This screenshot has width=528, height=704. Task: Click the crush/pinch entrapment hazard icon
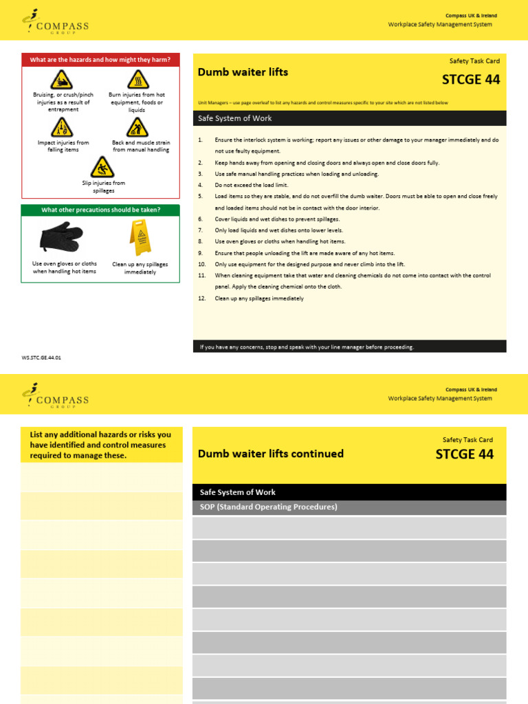61,80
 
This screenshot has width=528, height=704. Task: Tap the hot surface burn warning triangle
138,80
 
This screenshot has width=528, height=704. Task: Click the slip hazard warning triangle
102,167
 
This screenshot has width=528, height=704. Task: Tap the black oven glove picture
62,238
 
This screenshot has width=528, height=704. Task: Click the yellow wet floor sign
140,238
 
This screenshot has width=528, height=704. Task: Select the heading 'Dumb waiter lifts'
243,72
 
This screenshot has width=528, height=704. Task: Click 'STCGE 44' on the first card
470,79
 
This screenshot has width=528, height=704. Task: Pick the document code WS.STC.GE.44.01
46,357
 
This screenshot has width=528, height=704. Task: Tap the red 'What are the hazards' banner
101,60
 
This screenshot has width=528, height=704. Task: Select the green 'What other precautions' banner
101,210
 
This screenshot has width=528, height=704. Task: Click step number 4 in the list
201,185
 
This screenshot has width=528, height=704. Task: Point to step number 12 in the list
202,298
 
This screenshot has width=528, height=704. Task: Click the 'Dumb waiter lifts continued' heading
271,454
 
